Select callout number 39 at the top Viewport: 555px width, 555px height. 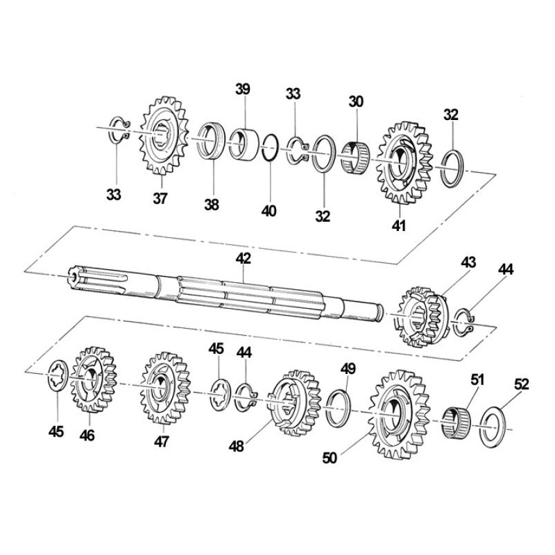click(x=243, y=89)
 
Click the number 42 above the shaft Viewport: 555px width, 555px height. click(x=244, y=258)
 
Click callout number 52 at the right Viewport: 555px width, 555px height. click(x=522, y=384)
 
